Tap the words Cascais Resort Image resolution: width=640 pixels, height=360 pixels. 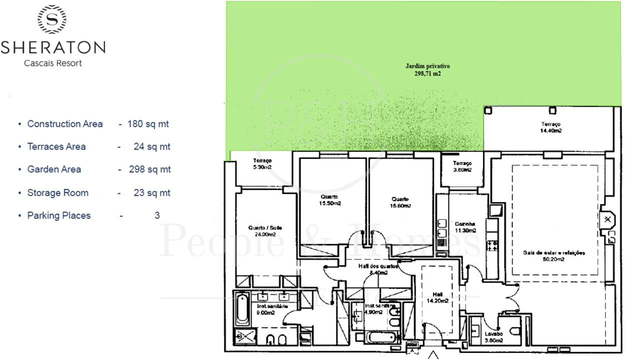(53, 63)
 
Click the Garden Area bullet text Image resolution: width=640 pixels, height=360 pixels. (54, 169)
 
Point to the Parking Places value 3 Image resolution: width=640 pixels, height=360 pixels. (157, 215)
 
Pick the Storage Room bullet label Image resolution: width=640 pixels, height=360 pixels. (57, 192)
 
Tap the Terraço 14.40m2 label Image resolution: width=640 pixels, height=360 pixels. (550, 127)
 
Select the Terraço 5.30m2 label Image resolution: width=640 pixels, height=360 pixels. (262, 163)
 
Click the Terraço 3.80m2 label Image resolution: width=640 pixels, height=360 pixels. (462, 166)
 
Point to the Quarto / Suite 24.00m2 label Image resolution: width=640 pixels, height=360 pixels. (265, 231)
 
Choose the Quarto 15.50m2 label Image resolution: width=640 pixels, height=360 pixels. (329, 200)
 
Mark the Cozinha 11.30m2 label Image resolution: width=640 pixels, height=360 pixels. (465, 227)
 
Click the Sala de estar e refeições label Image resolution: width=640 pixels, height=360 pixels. (553, 255)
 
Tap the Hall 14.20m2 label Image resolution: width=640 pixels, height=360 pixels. (437, 297)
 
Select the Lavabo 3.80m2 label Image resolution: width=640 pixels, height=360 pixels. (493, 337)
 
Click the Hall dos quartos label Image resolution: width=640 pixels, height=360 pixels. (378, 269)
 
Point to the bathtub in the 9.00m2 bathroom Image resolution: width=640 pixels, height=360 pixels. (242, 308)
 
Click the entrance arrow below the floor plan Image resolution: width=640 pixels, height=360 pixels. (432, 355)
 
